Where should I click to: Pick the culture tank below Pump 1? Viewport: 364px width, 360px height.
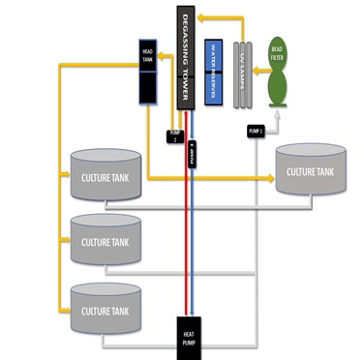pyautogui.click(x=309, y=171)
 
